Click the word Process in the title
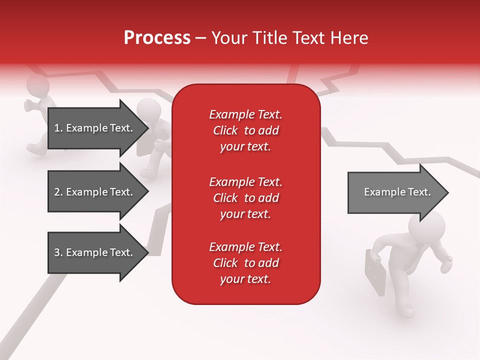click(157, 38)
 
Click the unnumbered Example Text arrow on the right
click(397, 192)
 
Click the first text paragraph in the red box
click(245, 130)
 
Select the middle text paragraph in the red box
click(245, 198)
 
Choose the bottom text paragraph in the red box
click(245, 263)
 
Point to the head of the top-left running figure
click(37, 85)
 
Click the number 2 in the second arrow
click(57, 192)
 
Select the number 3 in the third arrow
click(57, 252)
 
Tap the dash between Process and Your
click(200, 38)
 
